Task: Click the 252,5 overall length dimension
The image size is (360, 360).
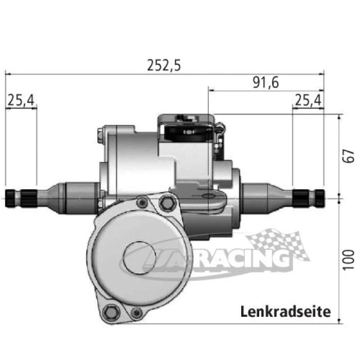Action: pyautogui.click(x=164, y=65)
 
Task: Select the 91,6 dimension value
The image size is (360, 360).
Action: pyautogui.click(x=266, y=82)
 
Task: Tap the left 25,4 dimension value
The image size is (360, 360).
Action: pyautogui.click(x=21, y=100)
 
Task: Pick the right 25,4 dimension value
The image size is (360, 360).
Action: pyautogui.click(x=308, y=100)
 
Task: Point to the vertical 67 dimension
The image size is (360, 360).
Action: pyautogui.click(x=349, y=156)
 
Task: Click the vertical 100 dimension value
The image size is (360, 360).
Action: pyautogui.click(x=349, y=260)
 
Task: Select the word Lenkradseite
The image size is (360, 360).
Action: pyautogui.click(x=285, y=312)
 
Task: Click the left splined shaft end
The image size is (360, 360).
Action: pyautogui.click(x=21, y=199)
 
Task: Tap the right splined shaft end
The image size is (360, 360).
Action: pyautogui.click(x=309, y=197)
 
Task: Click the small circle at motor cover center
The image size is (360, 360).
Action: pyautogui.click(x=139, y=258)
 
